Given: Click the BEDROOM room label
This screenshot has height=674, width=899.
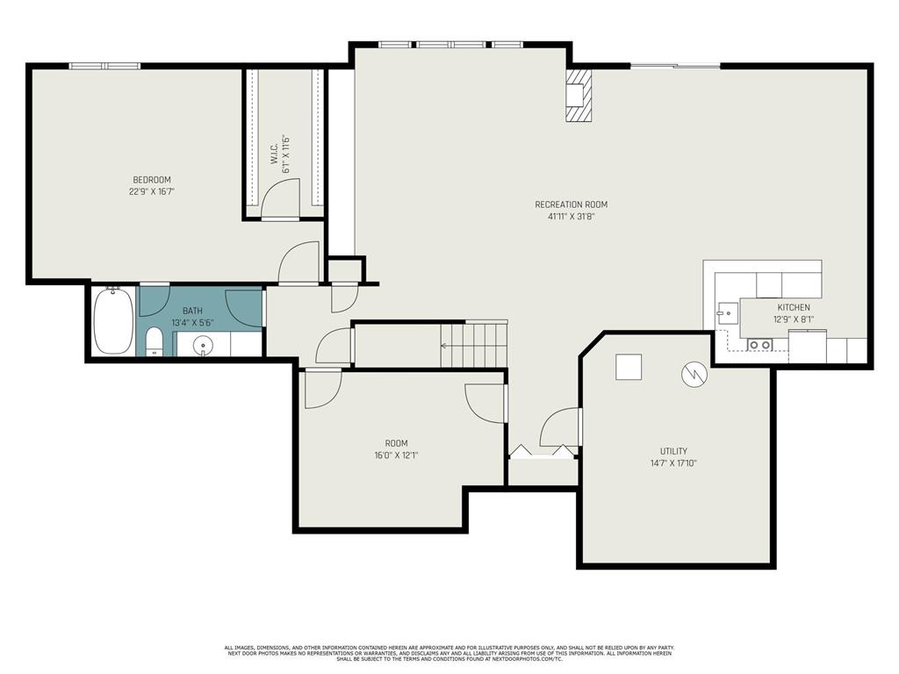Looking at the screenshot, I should pos(152,180).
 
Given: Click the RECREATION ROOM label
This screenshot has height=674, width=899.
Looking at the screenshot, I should pos(571,204).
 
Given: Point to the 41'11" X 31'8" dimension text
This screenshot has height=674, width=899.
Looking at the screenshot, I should pos(571,216).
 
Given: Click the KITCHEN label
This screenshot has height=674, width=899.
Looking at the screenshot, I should pos(793,307).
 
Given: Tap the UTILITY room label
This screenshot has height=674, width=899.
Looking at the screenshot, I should pos(674,451).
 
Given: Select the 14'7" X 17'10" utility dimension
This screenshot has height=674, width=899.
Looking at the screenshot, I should pos(674,462).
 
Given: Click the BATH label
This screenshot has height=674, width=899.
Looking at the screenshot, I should pos(193,311).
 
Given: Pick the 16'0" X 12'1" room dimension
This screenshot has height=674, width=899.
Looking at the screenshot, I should pos(396,455).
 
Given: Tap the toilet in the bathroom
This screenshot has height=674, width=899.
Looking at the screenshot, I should pos(154,342).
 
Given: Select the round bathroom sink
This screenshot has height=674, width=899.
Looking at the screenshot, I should pos(205,345).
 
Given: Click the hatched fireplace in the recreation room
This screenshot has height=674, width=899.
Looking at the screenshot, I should pos(579,96).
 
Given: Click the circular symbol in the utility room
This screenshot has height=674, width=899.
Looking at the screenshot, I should pos(693,375).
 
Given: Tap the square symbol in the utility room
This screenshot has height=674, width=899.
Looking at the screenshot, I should pos(629,367).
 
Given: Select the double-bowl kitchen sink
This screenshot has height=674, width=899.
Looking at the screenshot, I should pos(759,345).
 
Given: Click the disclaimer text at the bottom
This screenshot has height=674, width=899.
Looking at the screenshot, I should pos(449,653).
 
